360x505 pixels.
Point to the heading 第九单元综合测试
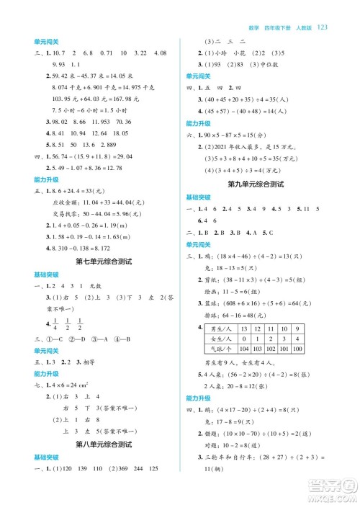tap(256, 184)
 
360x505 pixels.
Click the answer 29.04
tap(143, 156)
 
